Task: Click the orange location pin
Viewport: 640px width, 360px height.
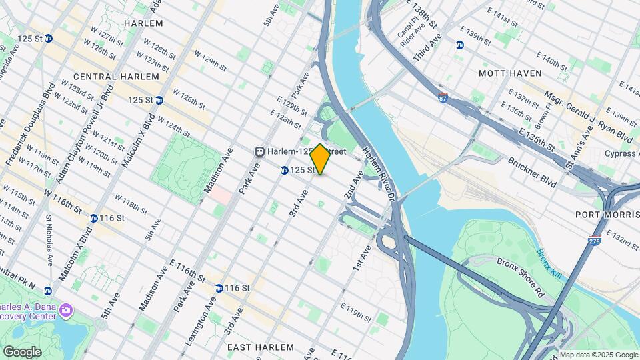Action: tap(320, 159)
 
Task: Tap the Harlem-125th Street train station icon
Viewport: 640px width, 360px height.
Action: tap(260, 151)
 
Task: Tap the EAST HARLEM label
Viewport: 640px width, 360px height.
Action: tap(260, 347)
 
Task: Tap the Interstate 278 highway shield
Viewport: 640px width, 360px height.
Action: tap(595, 241)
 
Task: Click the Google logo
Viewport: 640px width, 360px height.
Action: tap(22, 351)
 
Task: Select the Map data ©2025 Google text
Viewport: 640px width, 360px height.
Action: tap(598, 355)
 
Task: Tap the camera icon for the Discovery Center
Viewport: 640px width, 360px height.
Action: tap(65, 310)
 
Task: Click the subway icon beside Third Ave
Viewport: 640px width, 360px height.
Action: tap(459, 45)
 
